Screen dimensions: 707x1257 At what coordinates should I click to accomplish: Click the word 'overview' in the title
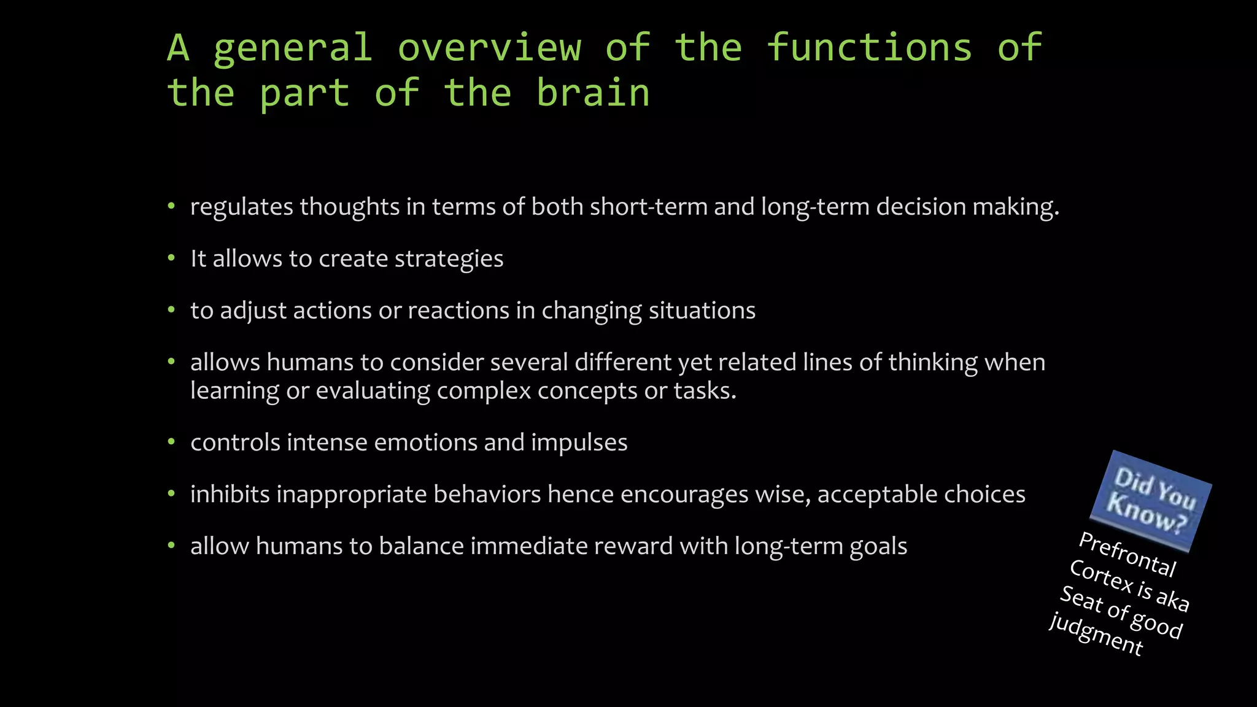(489, 48)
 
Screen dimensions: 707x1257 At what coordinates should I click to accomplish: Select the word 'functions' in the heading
(869, 48)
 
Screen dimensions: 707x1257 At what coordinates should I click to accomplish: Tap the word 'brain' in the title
(593, 93)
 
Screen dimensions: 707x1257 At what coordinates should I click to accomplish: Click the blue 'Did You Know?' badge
(1150, 500)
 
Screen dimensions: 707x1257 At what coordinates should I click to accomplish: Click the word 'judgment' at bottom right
(1096, 635)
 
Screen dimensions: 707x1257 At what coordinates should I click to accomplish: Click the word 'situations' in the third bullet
(702, 311)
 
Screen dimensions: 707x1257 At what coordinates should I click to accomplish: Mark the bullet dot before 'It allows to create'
(172, 258)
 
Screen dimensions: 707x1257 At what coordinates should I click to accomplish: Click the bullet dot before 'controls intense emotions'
(172, 442)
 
